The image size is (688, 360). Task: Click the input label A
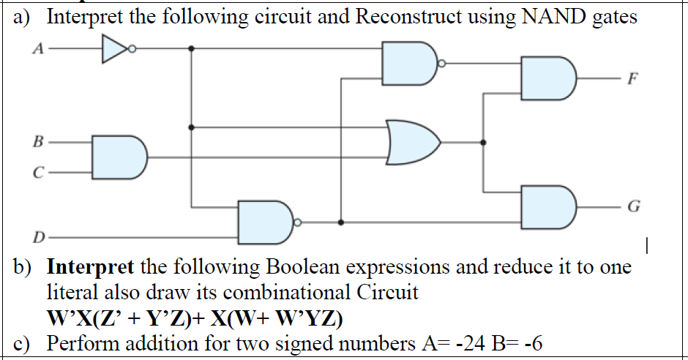[36, 50]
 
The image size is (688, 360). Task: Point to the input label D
[37, 237]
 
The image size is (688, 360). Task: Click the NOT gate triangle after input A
[113, 50]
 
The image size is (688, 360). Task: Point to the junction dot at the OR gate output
[482, 142]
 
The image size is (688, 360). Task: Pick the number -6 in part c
[530, 344]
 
